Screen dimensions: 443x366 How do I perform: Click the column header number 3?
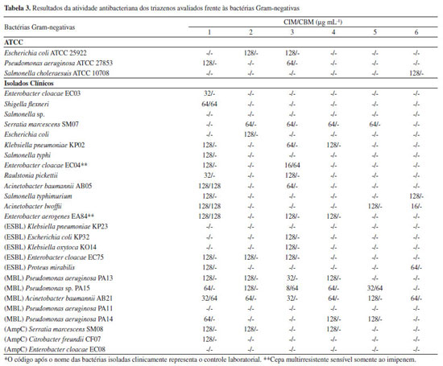click(x=292, y=32)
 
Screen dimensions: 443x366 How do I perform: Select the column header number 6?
click(x=416, y=32)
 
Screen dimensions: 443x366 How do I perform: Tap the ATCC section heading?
click(x=14, y=43)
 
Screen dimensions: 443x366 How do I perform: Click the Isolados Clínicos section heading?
click(x=28, y=83)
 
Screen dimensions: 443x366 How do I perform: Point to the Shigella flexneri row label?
click(x=27, y=104)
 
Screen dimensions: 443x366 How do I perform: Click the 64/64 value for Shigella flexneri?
click(x=209, y=104)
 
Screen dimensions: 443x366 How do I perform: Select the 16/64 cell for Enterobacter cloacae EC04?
click(x=292, y=165)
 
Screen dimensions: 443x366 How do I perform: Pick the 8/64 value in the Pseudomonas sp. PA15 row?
click(x=292, y=288)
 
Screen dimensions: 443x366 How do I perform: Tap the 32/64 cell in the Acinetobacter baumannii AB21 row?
click(x=209, y=298)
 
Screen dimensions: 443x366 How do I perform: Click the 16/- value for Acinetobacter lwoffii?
click(x=416, y=206)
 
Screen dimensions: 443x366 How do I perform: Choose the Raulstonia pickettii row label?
click(x=31, y=175)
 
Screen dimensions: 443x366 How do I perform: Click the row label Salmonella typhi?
click(x=27, y=155)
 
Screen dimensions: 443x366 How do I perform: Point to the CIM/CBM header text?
click(x=313, y=22)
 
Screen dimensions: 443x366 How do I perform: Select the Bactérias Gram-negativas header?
click(x=39, y=27)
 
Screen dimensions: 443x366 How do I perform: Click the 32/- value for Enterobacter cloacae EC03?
click(x=209, y=93)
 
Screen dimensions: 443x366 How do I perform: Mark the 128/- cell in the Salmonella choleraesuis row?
click(x=416, y=73)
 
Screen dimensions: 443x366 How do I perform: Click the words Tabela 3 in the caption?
click(x=17, y=8)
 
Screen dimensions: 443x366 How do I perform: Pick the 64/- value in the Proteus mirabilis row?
click(x=416, y=267)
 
